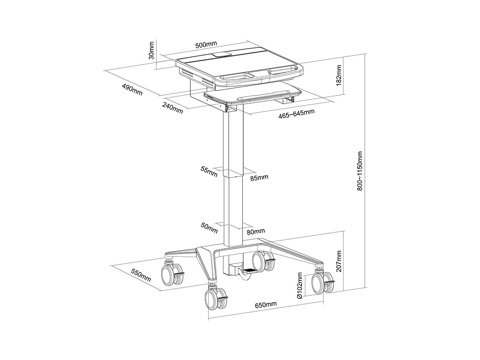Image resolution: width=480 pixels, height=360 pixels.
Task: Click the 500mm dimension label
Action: coord(206,44)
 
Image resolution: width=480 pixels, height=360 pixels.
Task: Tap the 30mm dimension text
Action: coord(151,50)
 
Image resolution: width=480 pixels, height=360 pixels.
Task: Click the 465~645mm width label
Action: coord(296,114)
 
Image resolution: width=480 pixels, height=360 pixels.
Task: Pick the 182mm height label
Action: coord(339,75)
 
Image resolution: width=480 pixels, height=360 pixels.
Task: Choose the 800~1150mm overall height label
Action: coord(360,171)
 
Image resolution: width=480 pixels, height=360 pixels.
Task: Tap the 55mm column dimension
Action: coord(209,172)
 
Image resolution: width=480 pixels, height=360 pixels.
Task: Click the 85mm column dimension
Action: coord(259,178)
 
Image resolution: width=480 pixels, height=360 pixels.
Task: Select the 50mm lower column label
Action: coord(209,228)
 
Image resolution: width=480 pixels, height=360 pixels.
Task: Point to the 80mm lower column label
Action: coord(256,232)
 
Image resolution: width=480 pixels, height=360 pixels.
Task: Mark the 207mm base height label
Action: coord(339,261)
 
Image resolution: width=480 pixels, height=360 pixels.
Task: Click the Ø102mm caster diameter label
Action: coord(300,286)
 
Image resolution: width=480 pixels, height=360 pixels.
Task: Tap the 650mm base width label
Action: coord(266,304)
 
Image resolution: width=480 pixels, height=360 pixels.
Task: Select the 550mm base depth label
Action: coord(141,275)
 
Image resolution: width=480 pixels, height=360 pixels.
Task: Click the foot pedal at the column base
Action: coord(251,271)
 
